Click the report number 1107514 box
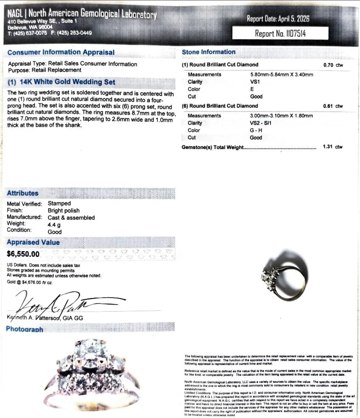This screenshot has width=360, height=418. pyautogui.click(x=280, y=33)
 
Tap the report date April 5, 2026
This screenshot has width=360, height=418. pyautogui.click(x=278, y=19)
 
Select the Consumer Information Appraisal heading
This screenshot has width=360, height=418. pyautogui.click(x=61, y=52)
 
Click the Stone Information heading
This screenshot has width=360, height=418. pyautogui.click(x=209, y=52)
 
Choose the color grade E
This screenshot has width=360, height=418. pyautogui.click(x=252, y=89)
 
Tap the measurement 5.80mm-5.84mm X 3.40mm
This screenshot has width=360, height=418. pyautogui.click(x=281, y=74)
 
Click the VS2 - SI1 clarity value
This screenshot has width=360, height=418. pyautogui.click(x=261, y=123)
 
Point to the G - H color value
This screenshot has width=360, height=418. pyautogui.click(x=256, y=130)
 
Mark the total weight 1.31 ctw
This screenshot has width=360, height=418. pyautogui.click(x=333, y=147)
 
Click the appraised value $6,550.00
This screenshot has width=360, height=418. pyautogui.click(x=23, y=254)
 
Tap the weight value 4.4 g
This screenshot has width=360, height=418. pyautogui.click(x=54, y=224)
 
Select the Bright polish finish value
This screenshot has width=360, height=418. pyautogui.click(x=63, y=211)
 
